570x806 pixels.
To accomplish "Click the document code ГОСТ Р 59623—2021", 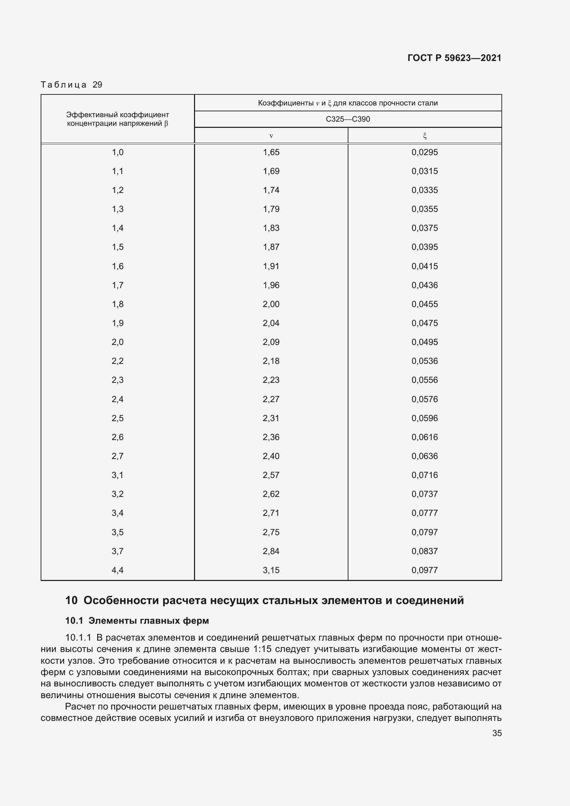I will [454, 58].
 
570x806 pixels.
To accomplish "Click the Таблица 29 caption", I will [71, 85].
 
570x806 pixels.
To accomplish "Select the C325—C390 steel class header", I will [347, 119].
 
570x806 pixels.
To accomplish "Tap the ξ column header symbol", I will [425, 135].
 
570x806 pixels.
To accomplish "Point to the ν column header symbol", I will [271, 136].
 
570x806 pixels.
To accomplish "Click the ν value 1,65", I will [271, 152].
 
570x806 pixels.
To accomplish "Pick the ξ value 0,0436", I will [425, 285].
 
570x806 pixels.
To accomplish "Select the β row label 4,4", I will [118, 570].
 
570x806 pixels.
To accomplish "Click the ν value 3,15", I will [271, 570].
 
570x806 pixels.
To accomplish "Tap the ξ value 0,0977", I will [425, 570].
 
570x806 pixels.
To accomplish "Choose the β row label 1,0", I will [118, 152].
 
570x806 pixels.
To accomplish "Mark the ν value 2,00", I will [271, 304].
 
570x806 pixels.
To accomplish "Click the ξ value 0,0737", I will [425, 494].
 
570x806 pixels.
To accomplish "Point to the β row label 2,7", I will [118, 456].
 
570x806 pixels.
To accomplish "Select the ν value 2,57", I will [271, 475].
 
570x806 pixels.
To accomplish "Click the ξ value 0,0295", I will [425, 152].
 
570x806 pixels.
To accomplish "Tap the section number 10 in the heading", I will [71, 601].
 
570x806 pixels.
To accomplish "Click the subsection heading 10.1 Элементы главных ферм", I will [137, 621].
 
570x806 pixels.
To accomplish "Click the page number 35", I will [497, 733].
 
